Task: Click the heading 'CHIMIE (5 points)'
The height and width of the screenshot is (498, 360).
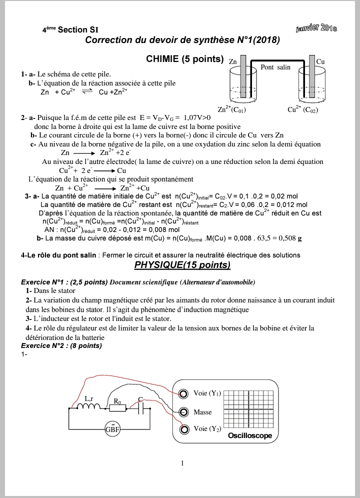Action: coord(184,58)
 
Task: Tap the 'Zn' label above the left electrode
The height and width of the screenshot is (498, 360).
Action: coord(232,61)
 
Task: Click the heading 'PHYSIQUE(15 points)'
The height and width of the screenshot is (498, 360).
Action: coord(182,264)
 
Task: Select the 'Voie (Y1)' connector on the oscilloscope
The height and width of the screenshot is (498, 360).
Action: coord(185,394)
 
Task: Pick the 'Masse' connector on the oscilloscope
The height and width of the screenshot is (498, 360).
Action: coord(185,412)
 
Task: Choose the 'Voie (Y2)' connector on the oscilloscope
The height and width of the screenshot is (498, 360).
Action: coord(185,429)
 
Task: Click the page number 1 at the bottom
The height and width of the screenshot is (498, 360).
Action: coord(182,463)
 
